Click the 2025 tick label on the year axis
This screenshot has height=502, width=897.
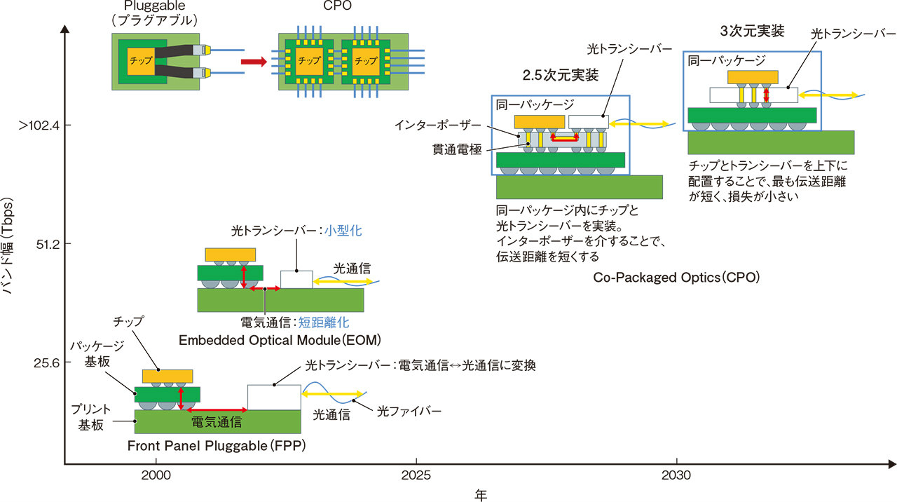416,475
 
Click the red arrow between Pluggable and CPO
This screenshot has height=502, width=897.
254,62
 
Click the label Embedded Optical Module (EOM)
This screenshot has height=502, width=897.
280,340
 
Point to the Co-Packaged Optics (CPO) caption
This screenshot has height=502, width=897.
676,277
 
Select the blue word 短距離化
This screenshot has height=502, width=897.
324,323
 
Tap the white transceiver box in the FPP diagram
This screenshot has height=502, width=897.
274,398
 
